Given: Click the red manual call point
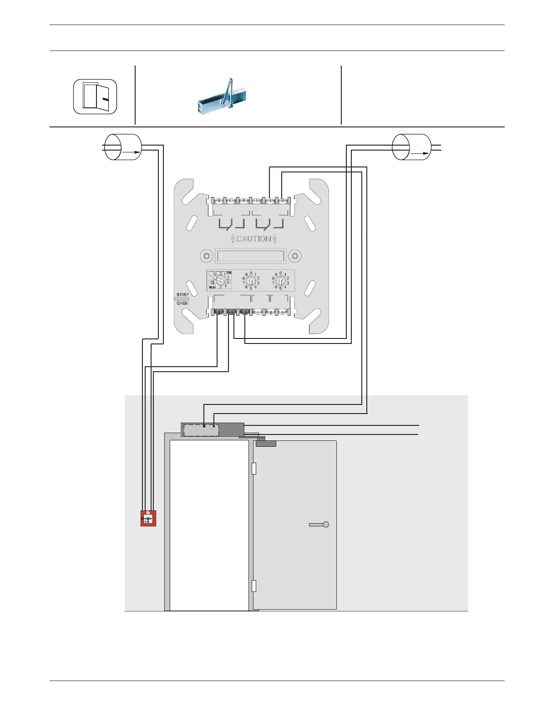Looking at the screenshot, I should (148, 518).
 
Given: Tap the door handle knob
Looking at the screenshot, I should (325, 524).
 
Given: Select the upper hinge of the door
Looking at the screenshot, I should (254, 468).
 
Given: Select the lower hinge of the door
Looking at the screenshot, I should (254, 586).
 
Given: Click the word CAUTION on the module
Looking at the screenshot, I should (253, 239).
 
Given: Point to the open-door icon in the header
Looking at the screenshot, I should (95, 96).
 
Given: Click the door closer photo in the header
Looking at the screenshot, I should (222, 97).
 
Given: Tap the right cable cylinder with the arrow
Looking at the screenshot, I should (411, 147).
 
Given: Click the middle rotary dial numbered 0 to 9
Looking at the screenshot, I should (251, 281).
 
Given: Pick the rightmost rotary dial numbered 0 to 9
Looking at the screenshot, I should (280, 281).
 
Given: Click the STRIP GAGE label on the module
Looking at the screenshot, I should (182, 299).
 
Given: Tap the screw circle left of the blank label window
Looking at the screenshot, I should (207, 256).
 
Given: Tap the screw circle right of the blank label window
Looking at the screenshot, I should (295, 256).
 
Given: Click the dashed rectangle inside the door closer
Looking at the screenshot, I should (201, 430).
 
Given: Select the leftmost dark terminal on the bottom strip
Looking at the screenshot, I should (218, 312).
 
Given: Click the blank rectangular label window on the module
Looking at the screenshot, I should (251, 256).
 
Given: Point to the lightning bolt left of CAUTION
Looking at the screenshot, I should (233, 239).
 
